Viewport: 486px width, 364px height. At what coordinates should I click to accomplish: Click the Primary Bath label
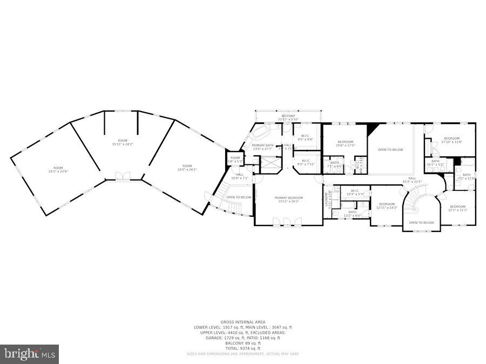click(263, 147)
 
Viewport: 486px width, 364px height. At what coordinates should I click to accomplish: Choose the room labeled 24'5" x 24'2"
click(187, 168)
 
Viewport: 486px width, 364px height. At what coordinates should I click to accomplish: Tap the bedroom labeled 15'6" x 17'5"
click(346, 143)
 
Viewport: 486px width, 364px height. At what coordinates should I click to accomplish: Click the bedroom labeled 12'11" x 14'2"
click(386, 205)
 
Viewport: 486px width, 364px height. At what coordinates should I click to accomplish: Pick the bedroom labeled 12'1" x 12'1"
click(457, 208)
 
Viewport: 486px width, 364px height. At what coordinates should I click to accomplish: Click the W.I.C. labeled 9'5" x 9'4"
click(305, 138)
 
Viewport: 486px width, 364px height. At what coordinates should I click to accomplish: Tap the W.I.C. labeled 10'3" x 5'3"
click(355, 192)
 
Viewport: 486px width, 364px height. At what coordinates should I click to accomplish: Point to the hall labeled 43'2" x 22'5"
click(412, 180)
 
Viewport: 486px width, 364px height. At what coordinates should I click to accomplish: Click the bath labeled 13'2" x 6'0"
click(352, 214)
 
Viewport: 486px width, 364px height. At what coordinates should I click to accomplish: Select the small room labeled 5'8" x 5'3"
click(235, 160)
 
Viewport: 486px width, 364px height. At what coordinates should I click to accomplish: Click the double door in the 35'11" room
click(124, 176)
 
